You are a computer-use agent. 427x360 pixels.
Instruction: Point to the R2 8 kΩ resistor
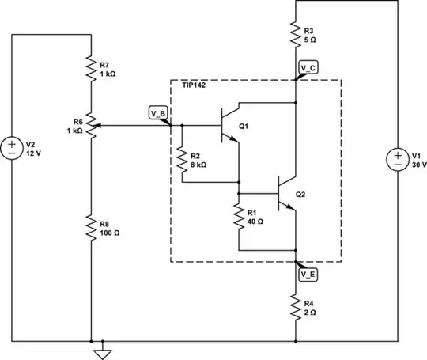click(182, 161)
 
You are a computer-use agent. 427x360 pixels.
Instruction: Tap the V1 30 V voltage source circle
click(395, 161)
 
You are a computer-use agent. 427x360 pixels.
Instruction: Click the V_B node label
click(158, 112)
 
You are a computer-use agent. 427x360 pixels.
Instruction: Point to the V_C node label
click(309, 70)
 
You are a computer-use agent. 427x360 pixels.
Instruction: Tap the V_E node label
click(309, 274)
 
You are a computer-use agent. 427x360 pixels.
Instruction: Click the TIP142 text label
click(194, 84)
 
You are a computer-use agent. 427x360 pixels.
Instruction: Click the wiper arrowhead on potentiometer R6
click(100, 125)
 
